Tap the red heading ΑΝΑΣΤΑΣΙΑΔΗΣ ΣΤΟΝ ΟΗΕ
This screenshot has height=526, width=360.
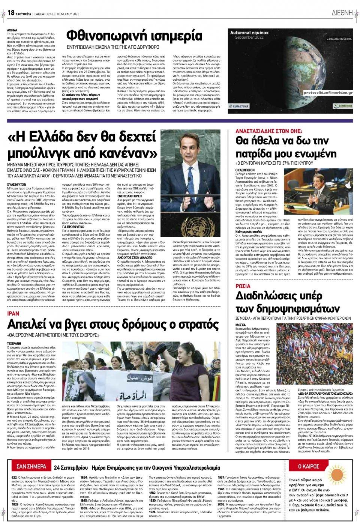coord(268,131)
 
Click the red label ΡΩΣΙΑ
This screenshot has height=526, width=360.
coord(243,286)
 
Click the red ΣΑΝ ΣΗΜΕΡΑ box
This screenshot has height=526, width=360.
coord(31,467)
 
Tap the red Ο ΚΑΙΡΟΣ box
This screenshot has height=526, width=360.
coord(308,466)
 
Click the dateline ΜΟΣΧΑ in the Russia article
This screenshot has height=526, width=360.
coord(240,325)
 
